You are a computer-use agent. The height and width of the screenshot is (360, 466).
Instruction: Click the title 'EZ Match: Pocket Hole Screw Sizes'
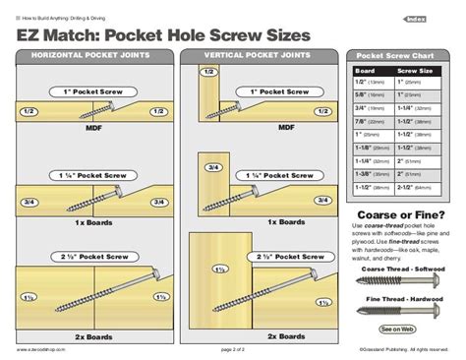162,35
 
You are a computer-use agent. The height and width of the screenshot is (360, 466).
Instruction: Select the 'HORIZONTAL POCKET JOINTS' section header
92,55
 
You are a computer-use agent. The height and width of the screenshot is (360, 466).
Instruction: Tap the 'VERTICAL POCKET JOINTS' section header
259,55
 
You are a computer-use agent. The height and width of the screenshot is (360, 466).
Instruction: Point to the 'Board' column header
366,71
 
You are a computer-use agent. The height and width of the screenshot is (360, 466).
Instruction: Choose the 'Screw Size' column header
416,71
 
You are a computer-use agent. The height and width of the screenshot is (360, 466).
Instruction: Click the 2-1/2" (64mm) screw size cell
419,184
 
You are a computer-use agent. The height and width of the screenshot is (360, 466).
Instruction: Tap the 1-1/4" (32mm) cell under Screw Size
419,109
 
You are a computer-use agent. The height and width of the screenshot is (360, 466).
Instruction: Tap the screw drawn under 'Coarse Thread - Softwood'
397,281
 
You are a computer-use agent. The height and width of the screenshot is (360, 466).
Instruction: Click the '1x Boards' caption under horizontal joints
90,221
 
